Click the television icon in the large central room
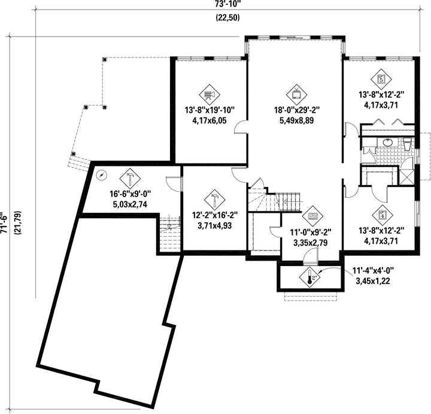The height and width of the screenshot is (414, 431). [x=296, y=95]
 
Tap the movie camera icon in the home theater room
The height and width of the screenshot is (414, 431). [x=210, y=95]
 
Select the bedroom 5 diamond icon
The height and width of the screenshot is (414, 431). [x=381, y=79]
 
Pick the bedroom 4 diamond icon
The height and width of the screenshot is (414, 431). [x=383, y=216]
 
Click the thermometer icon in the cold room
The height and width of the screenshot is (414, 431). [x=310, y=277]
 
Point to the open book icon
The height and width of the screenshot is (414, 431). [x=313, y=216]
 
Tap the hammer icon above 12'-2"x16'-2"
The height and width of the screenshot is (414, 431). [x=215, y=200]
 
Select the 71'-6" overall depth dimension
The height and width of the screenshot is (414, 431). [x=4, y=223]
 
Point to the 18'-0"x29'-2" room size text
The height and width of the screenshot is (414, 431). [x=297, y=110]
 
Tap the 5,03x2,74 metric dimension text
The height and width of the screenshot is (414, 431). [x=130, y=204]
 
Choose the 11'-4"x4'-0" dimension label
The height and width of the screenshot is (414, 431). [x=374, y=271]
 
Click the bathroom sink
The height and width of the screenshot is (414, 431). [x=387, y=142]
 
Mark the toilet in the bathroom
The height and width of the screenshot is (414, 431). [x=407, y=144]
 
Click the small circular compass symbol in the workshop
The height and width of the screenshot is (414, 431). [x=102, y=175]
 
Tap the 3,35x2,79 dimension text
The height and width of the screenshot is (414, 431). [x=311, y=243]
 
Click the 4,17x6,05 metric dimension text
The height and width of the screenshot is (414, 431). [x=210, y=120]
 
